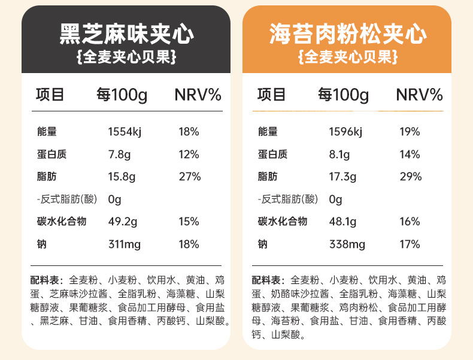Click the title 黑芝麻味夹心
tap(126, 34)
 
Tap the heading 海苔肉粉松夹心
tap(347, 34)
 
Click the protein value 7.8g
tap(119, 155)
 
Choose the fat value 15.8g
tap(121, 177)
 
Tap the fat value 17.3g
tap(342, 177)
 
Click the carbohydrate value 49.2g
tap(122, 222)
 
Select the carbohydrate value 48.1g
tap(342, 222)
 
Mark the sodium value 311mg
tap(124, 244)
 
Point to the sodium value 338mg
tap(347, 244)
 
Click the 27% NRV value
tap(189, 177)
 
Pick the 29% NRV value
tap(410, 177)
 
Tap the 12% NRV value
tap(189, 155)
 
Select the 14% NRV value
tap(410, 155)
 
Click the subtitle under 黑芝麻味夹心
tap(126, 58)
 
